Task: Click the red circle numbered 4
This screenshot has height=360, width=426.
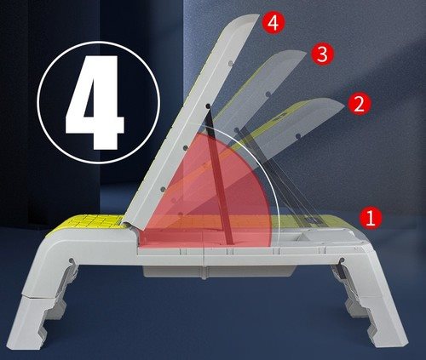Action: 273,23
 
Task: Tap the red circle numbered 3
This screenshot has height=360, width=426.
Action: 322,54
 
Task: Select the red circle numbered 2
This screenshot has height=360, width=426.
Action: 360,104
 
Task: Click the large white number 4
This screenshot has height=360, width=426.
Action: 95,102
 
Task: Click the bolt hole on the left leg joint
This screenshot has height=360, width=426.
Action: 71,260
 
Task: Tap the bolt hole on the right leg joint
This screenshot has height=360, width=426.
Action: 342,260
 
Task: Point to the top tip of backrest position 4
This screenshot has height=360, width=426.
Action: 257,14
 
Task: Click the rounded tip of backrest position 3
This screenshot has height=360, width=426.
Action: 304,52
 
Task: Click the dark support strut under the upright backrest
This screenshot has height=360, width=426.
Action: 220,176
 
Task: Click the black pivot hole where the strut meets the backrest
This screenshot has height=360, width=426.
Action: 208,106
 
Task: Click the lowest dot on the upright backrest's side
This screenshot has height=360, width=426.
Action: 163,189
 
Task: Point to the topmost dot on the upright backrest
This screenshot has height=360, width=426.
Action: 233,63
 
